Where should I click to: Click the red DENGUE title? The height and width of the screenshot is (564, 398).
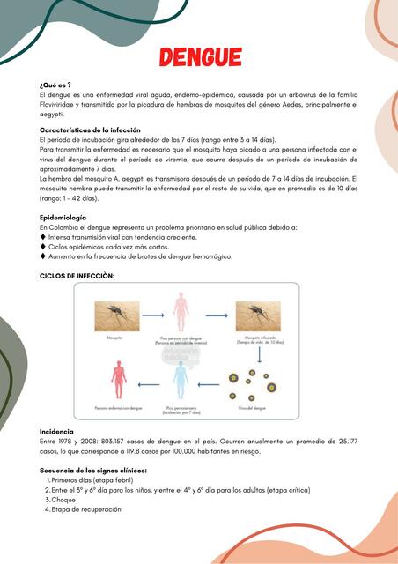click(201, 58)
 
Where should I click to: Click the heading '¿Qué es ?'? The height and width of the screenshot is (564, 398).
click(55, 84)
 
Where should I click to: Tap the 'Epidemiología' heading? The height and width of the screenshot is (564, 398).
click(63, 217)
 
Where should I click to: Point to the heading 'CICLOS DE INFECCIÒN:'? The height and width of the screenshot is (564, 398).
click(77, 275)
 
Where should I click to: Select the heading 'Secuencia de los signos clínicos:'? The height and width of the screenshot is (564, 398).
click(93, 471)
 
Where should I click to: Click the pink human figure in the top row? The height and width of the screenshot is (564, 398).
click(181, 315)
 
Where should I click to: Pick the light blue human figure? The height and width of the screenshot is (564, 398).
click(181, 379)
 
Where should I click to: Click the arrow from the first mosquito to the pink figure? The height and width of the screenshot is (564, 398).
click(153, 315)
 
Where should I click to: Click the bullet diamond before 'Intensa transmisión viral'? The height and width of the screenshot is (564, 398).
click(43, 237)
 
